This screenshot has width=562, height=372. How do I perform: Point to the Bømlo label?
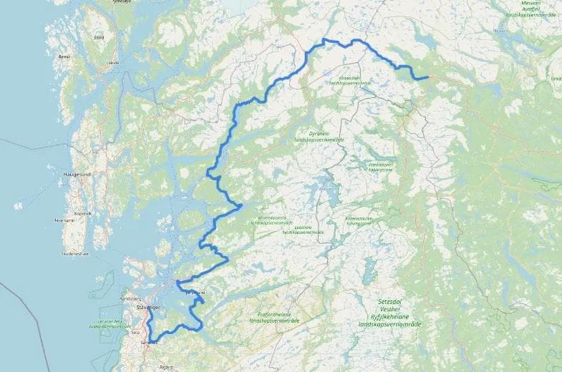click(64, 56)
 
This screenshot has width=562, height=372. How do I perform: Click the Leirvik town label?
click(112, 63)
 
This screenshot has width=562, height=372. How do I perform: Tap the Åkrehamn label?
click(64, 220)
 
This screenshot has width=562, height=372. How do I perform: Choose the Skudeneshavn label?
click(75, 253)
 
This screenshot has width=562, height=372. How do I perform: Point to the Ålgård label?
click(167, 366)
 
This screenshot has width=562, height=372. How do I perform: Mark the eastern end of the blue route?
click(427, 77)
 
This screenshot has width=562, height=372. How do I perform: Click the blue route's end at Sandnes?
click(151, 342)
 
